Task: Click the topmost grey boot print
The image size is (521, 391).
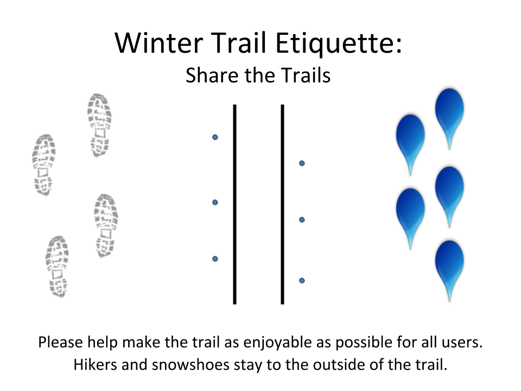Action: [x=99, y=125]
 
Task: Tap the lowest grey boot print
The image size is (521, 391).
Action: [x=57, y=267]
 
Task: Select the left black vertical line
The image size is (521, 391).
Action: [x=234, y=204]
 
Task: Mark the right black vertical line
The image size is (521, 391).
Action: [x=282, y=204]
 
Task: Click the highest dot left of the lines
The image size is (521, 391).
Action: [x=215, y=137]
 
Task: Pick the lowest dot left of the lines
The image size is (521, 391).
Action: [x=215, y=258]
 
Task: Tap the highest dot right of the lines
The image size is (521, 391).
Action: [x=302, y=163]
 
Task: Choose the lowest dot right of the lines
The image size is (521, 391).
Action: [x=302, y=281]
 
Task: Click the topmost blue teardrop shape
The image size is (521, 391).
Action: [x=449, y=113]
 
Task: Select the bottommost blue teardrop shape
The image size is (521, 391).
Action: [x=449, y=266]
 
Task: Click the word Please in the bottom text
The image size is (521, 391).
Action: [x=61, y=342]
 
